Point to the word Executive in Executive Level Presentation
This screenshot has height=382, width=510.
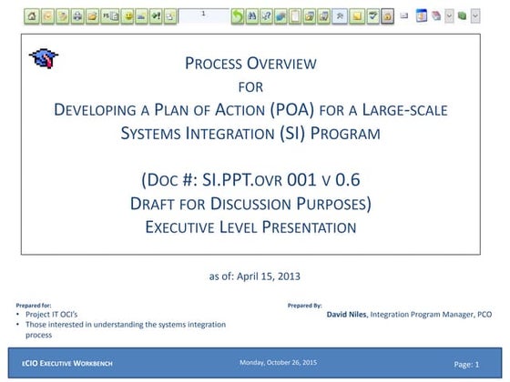coord(183,226)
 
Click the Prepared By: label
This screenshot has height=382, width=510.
coord(305,305)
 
